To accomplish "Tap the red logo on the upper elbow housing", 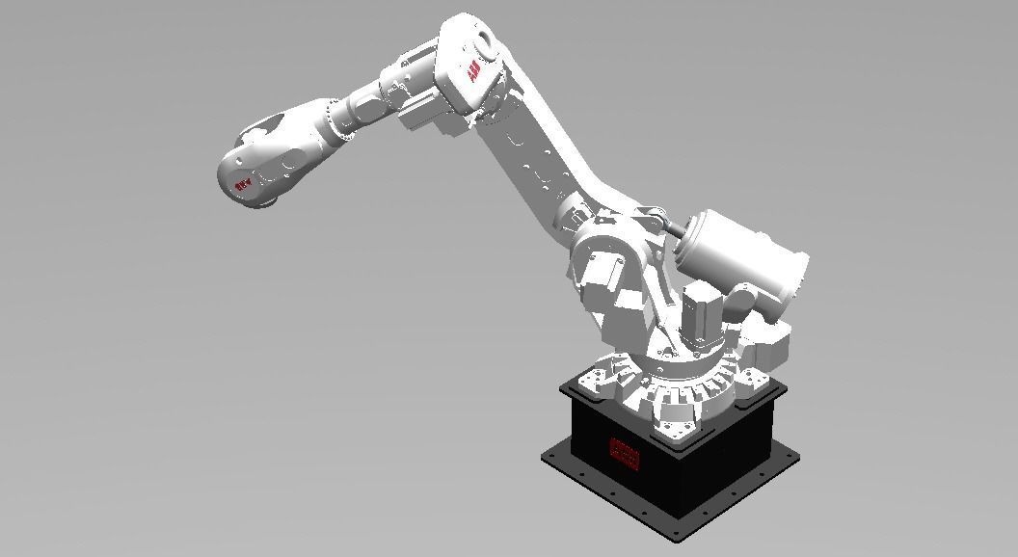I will pos(473,73).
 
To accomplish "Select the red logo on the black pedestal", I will pos(625,452).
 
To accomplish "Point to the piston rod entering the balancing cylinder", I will pos(669,226).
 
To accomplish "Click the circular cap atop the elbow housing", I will pos(479,40).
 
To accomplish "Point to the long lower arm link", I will pos(540,164).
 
